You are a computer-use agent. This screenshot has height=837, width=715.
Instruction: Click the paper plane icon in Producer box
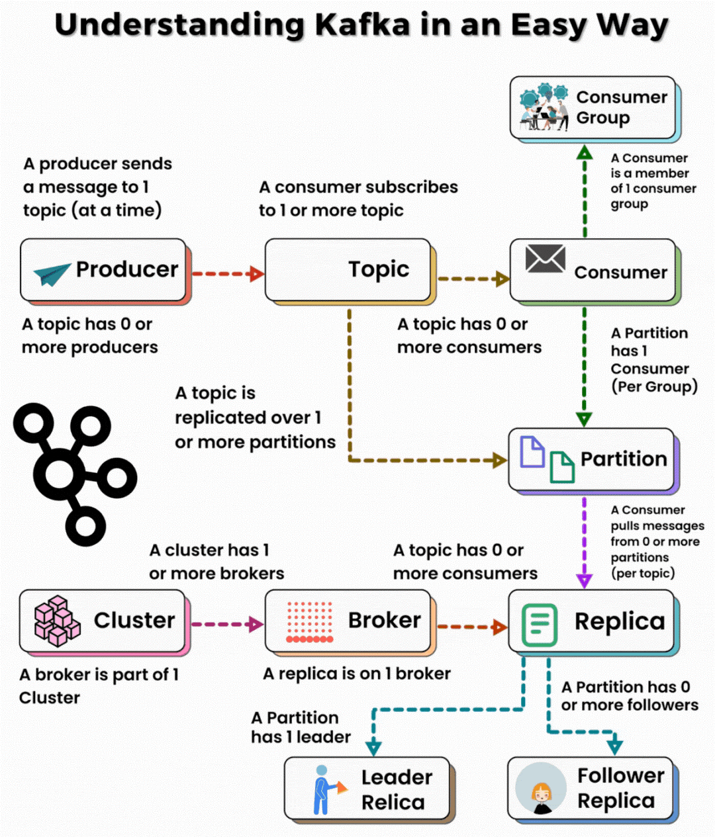(52, 273)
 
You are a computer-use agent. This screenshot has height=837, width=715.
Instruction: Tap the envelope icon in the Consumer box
(545, 259)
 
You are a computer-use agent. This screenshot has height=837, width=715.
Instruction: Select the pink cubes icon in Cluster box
(57, 621)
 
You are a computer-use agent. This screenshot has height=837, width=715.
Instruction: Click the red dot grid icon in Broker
(309, 622)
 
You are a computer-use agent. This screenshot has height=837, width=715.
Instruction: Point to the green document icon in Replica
(540, 624)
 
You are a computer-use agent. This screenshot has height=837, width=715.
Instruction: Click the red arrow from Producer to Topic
(227, 273)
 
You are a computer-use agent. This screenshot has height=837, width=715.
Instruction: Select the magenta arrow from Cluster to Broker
(226, 624)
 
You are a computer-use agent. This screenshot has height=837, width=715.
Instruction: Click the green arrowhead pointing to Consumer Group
(584, 153)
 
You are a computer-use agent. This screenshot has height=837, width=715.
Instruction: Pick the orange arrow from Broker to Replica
(471, 626)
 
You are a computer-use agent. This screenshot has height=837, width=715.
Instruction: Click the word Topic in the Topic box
(379, 269)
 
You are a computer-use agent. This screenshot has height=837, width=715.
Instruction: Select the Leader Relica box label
(395, 789)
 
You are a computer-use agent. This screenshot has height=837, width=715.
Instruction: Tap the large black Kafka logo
(74, 474)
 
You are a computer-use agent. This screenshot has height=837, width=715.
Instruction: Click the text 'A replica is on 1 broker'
(356, 674)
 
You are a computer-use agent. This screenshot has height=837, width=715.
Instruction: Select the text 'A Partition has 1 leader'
(301, 727)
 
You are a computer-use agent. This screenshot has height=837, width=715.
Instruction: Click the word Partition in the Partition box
(623, 459)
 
